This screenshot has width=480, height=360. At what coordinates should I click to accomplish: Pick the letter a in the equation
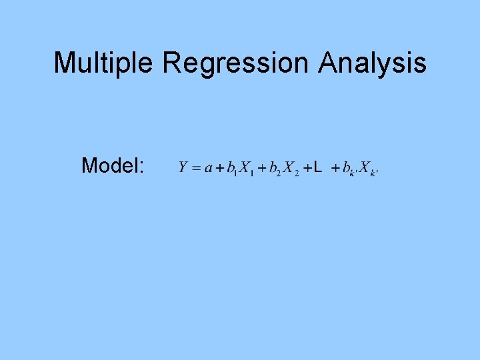pyautogui.click(x=208, y=167)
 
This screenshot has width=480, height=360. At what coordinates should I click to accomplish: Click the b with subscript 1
pyautogui.click(x=231, y=167)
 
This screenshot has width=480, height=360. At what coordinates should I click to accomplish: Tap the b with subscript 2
pyautogui.click(x=273, y=167)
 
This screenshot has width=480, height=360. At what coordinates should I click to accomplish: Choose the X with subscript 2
pyautogui.click(x=289, y=167)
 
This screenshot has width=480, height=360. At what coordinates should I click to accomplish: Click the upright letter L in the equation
pyautogui.click(x=317, y=166)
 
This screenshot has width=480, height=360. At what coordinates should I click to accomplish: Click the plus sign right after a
pyautogui.click(x=219, y=167)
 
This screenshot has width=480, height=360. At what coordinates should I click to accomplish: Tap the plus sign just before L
pyautogui.click(x=307, y=167)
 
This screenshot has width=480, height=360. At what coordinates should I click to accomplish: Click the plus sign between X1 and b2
pyautogui.click(x=262, y=167)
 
